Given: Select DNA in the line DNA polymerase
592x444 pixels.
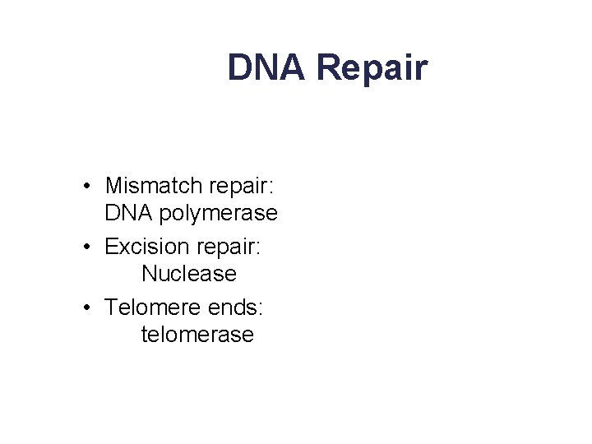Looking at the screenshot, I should (127, 214).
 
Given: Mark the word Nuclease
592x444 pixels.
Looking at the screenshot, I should (188, 275).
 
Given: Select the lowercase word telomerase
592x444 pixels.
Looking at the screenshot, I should (197, 335).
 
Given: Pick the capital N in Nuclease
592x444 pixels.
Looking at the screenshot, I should (149, 275).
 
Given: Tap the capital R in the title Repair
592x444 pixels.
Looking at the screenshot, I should (328, 67).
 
